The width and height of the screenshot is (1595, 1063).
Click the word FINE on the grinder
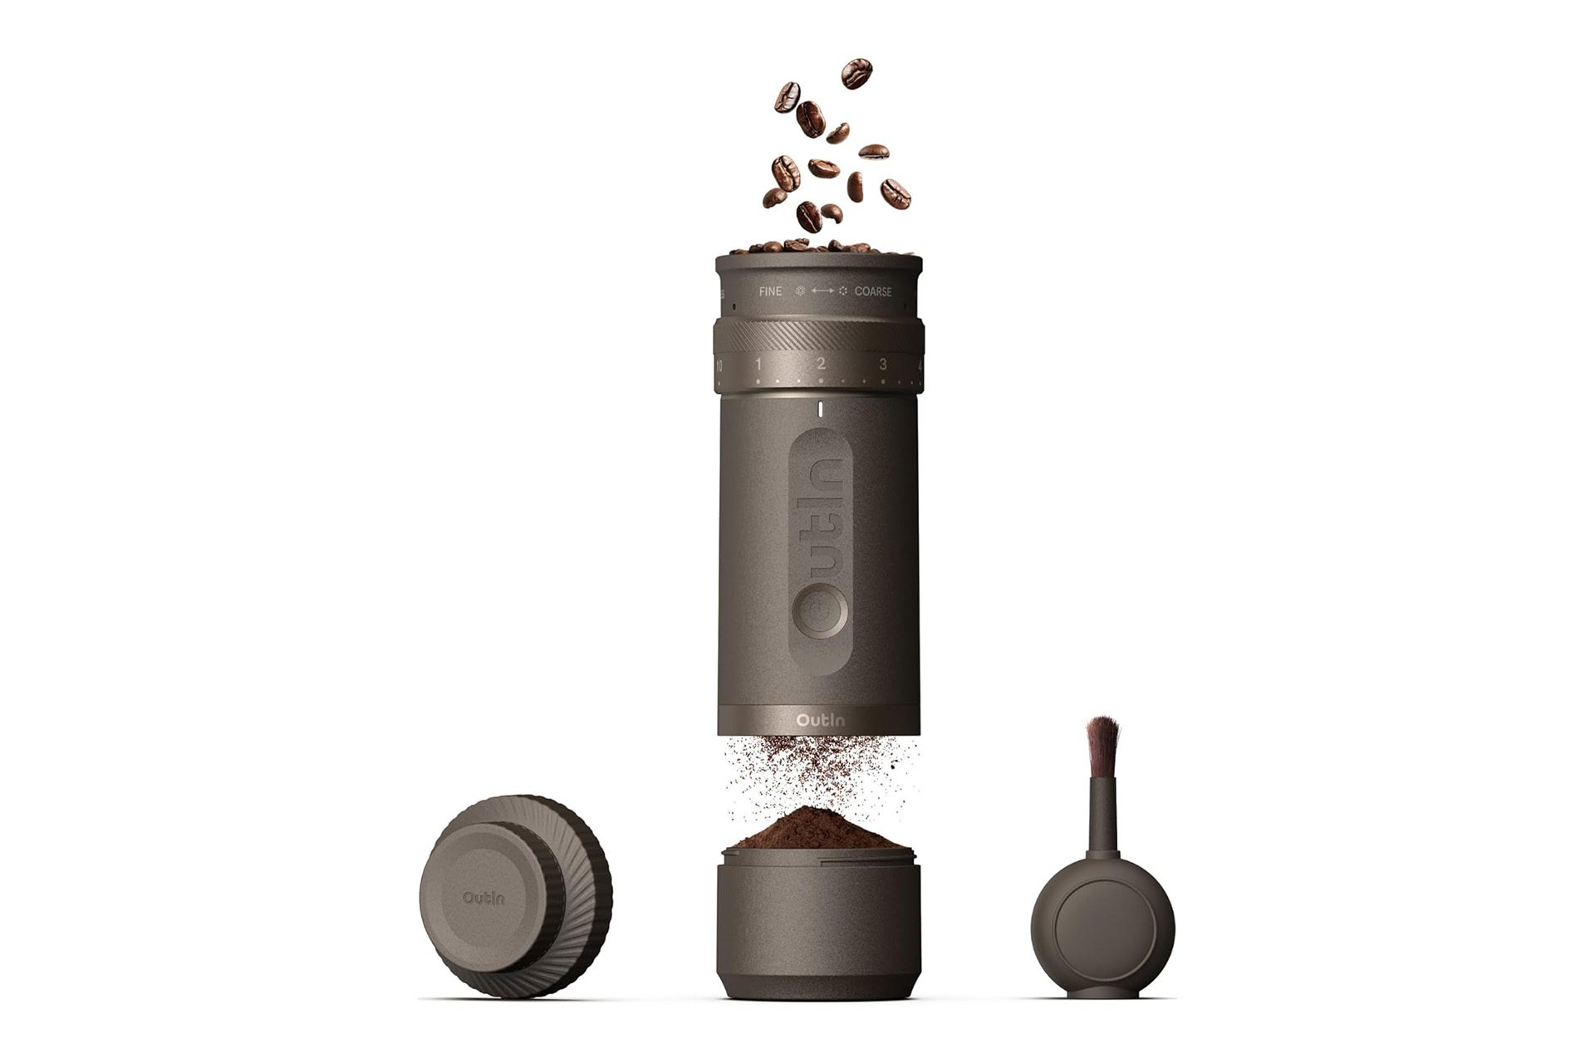tap(770, 291)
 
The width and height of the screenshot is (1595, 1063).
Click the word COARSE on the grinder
tap(873, 291)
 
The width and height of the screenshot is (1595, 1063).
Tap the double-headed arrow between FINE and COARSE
tap(822, 291)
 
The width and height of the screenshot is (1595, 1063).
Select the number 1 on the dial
tap(758, 364)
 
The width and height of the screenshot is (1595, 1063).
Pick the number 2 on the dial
tap(821, 363)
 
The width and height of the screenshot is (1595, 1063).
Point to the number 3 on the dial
tap(882, 364)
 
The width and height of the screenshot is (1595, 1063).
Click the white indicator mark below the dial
tap(819, 409)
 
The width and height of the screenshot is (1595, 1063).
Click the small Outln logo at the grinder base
tap(821, 719)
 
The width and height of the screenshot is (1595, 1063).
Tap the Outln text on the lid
tap(484, 898)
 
